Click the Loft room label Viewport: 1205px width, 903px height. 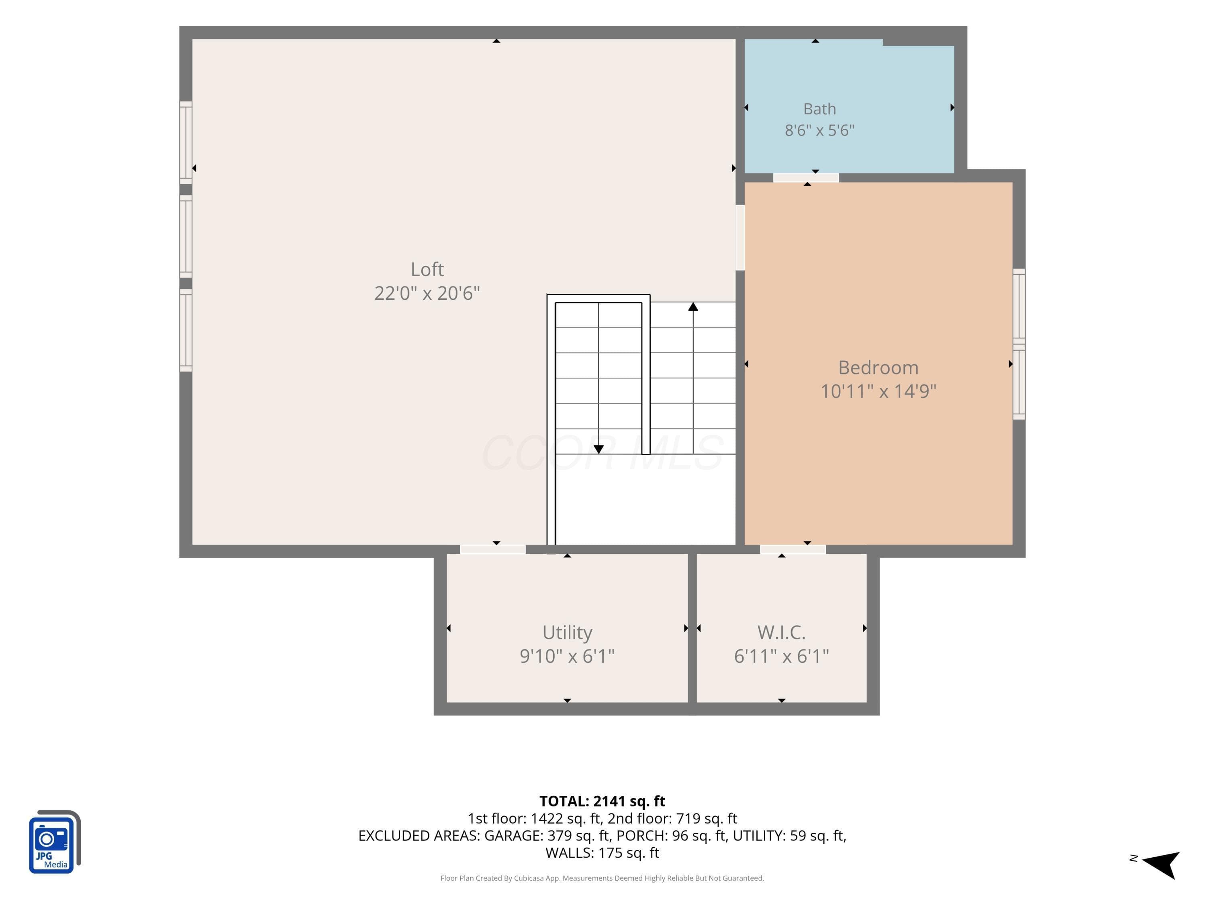427,269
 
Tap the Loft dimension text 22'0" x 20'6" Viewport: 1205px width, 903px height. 427,293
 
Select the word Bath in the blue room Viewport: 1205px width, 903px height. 819,109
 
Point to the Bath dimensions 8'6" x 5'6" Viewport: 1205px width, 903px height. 819,130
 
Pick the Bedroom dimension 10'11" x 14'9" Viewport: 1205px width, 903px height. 878,391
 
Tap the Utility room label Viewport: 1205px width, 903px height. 567,633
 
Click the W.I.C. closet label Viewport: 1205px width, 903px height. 781,633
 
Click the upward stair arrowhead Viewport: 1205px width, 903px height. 693,307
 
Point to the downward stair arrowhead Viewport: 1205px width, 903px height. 599,449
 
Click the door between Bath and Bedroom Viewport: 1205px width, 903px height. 806,178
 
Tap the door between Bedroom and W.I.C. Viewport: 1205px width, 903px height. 792,549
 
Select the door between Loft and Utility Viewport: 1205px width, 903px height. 492,549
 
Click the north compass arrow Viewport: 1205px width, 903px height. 1162,864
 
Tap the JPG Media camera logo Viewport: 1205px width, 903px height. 55,842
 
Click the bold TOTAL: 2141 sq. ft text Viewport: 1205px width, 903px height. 602,801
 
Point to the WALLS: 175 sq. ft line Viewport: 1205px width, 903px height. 602,853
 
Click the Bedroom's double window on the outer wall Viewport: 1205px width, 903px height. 1019,344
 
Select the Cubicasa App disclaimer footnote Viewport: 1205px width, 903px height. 602,878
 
